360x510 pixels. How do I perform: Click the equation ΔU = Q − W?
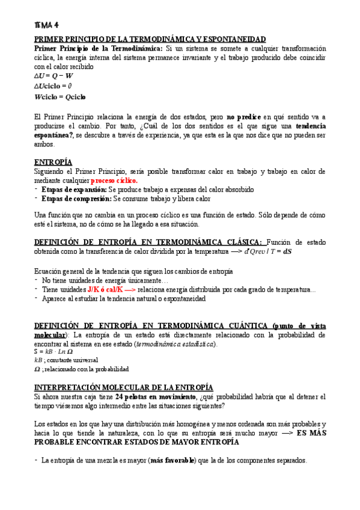pos(54,76)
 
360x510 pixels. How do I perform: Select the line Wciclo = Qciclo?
pos(60,96)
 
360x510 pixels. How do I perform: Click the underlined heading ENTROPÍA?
pos(53,162)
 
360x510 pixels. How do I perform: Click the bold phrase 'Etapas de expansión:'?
pos(70,189)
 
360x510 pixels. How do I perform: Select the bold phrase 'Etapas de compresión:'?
pos(73,198)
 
